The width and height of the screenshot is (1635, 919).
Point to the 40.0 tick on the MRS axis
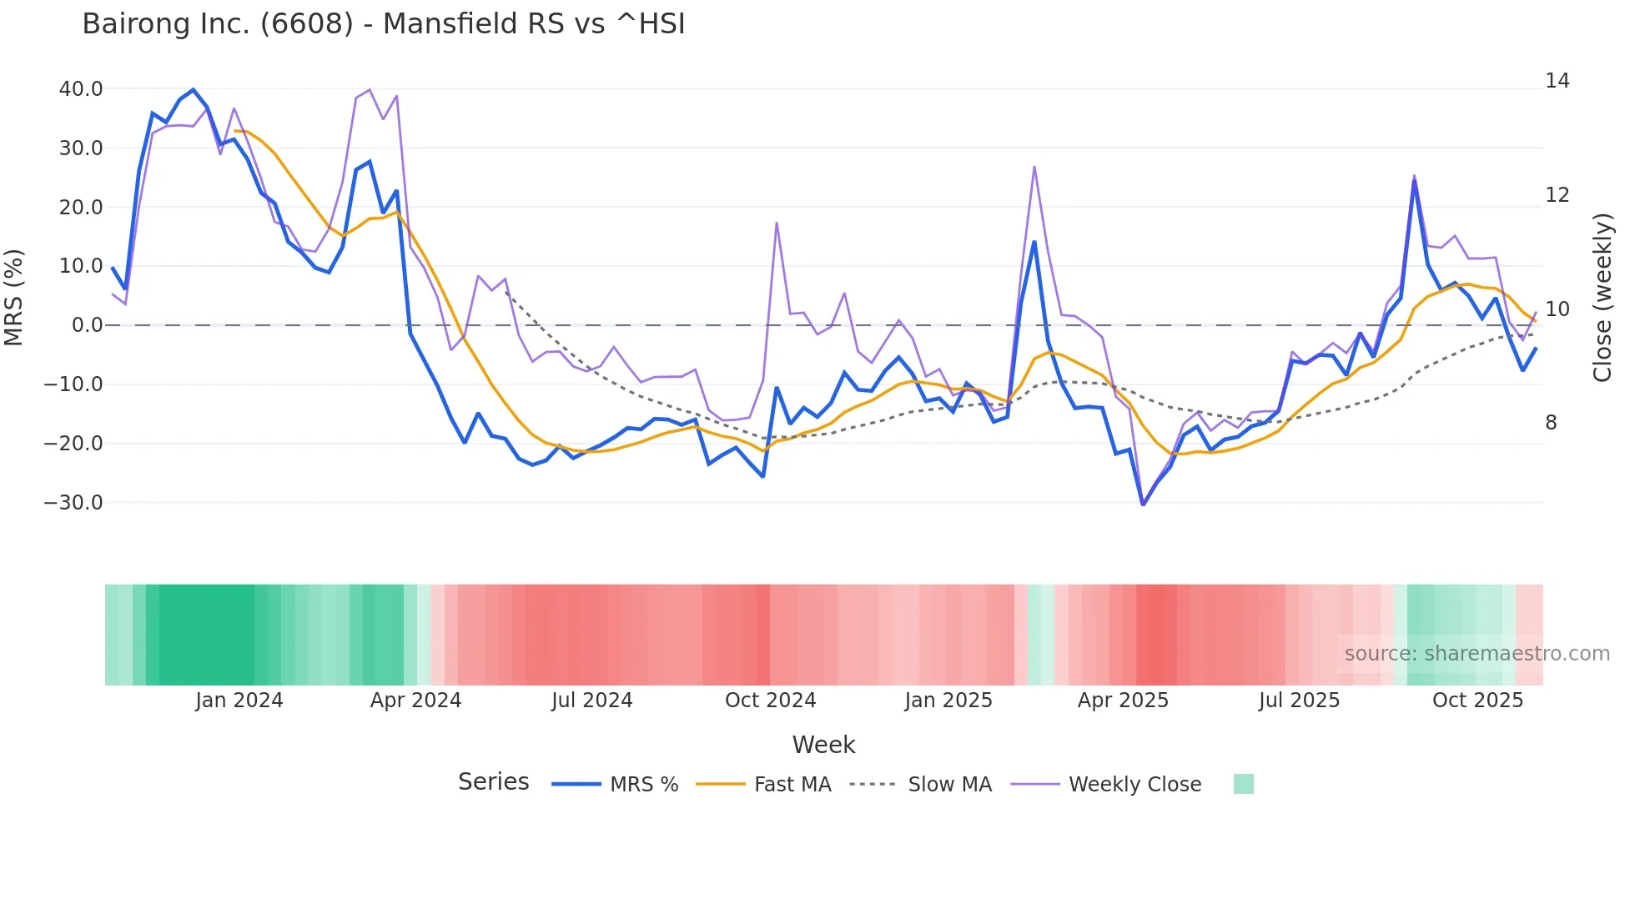coord(81,89)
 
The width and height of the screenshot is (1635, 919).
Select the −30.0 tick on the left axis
coord(73,503)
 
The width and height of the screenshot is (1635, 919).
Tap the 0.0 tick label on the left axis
coord(87,325)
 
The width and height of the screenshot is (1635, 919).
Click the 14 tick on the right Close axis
coord(1557,81)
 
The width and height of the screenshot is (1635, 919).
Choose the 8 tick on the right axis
coord(1551,423)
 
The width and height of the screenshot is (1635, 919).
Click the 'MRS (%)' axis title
coord(14,297)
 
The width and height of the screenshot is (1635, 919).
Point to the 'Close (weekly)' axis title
coord(1602,298)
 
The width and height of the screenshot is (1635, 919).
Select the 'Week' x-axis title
coord(823,745)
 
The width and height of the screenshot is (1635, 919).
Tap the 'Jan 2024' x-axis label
coord(239,701)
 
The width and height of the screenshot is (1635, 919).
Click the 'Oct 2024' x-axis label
coord(770,701)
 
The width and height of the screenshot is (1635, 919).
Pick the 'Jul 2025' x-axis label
coord(1299,701)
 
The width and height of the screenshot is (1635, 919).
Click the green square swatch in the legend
coord(1243,784)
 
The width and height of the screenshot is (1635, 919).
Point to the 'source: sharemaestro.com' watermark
coord(1477,654)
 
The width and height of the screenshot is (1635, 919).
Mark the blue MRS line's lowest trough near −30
coord(1143,504)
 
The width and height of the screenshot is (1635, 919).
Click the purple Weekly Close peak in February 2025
coord(1034,167)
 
